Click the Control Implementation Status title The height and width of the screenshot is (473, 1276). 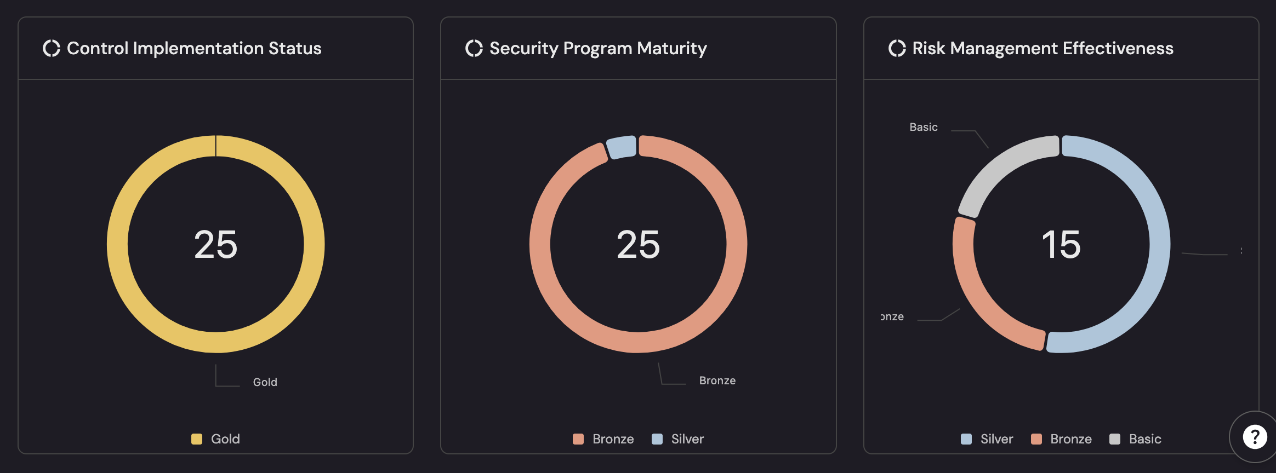coord(194,48)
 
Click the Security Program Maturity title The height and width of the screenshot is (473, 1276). coord(597,48)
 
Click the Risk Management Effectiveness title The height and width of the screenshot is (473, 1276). coord(1043,48)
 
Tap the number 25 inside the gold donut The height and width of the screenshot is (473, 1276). coord(215,244)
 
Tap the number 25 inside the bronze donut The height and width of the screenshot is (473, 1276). coord(638,244)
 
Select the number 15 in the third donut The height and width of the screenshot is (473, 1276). coord(1061,244)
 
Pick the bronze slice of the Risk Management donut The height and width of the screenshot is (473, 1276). coord(981,296)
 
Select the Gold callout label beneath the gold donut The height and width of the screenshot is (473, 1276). coord(265,382)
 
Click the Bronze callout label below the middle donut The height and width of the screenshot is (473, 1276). coord(717,380)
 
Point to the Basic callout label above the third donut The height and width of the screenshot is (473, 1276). coord(923,127)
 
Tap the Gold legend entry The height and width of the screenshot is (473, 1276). coord(216,439)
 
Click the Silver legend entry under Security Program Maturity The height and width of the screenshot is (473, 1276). coord(678,439)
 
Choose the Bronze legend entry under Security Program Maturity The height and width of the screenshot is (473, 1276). coord(603,439)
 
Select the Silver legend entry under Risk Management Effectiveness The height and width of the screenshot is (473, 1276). coord(987,439)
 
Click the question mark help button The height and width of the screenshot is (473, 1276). coord(1255,437)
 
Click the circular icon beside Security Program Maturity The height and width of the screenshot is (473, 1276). coord(474,48)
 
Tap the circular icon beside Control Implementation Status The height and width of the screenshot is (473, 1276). coord(52,48)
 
